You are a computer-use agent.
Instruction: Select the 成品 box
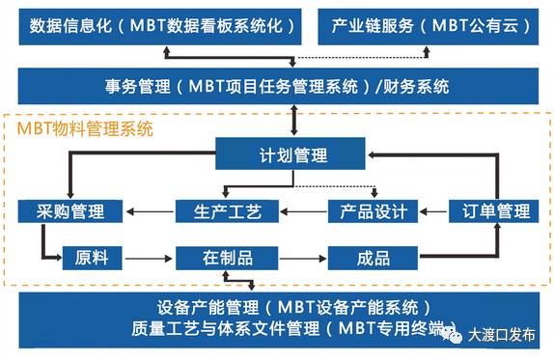pos(373,258)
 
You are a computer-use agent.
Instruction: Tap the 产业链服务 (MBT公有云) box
pos(429,26)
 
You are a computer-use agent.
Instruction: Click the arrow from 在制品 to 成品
pos(299,258)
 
